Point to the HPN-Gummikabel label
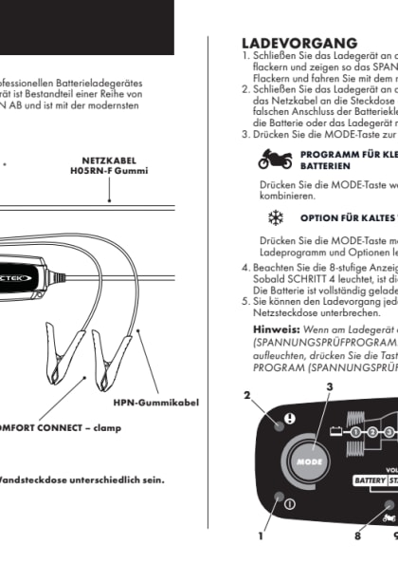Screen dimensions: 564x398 [x=156, y=402]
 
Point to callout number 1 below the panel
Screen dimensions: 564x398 [x=261, y=536]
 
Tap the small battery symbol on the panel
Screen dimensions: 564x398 [x=336, y=430]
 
